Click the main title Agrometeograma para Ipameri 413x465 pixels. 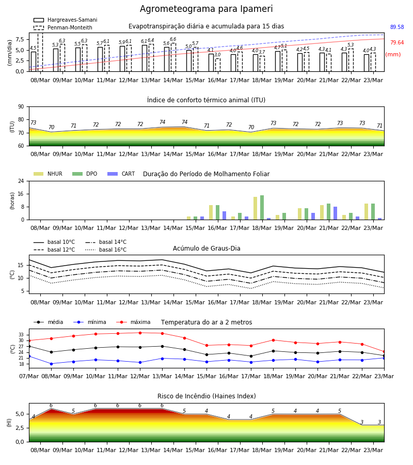click(206, 9)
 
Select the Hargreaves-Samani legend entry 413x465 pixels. click(65, 20)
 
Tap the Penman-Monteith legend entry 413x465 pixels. click(63, 27)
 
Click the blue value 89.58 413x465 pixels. click(397, 27)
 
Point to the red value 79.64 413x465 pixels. click(397, 42)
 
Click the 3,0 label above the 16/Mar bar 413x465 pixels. click(217, 55)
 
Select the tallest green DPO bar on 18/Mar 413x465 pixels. click(262, 208)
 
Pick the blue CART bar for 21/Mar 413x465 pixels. click(336, 213)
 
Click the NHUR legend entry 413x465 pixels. click(48, 174)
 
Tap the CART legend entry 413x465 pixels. click(121, 174)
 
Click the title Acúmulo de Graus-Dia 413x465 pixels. click(206, 249)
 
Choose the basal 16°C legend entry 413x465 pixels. click(106, 250)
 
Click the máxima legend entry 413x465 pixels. click(133, 322)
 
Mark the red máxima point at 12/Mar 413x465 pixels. click(140, 333)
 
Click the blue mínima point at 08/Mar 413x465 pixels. click(51, 364)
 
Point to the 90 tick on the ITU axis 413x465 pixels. click(21, 107)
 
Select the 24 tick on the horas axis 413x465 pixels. click(21, 181)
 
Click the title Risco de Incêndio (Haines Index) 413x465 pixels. click(206, 396)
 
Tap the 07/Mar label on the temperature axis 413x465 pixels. click(29, 376)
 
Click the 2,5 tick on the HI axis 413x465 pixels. click(20, 428)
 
